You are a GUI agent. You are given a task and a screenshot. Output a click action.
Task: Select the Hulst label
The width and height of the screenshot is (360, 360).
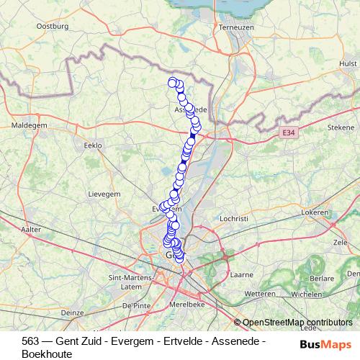tap(346, 63)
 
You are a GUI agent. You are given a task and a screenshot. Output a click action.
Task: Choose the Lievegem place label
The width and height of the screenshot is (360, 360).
tap(102, 194)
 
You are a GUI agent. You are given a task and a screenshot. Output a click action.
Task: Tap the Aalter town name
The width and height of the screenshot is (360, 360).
tap(31, 229)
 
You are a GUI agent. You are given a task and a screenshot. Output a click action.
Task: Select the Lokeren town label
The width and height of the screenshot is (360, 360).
tap(315, 213)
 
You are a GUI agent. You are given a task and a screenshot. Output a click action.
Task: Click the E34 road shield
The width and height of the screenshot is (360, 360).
tap(289, 132)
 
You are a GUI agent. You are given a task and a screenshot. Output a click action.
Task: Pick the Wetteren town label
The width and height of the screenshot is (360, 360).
tap(259, 294)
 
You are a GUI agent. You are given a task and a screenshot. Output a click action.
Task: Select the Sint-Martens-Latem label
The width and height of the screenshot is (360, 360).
tap(128, 282)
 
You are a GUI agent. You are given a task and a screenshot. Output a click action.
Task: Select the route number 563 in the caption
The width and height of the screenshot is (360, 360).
tap(30, 341)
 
